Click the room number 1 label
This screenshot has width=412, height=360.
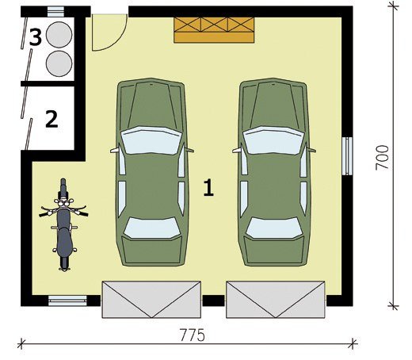click(208, 188)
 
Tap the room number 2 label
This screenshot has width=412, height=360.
click(51, 119)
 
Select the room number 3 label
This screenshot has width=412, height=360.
click(36, 37)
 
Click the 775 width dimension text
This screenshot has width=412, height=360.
click(193, 335)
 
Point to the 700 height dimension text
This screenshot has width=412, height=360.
click(382, 158)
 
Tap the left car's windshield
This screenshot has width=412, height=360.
click(151, 140)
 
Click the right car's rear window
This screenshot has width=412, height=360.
click(274, 228)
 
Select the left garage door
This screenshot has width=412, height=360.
click(151, 299)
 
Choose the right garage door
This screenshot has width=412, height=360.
click(276, 299)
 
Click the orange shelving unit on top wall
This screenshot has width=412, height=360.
click(214, 30)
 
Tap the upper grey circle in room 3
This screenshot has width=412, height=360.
click(59, 35)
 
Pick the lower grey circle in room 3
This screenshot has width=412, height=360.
click(59, 63)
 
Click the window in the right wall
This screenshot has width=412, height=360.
click(347, 156)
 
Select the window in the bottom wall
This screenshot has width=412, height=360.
click(67, 301)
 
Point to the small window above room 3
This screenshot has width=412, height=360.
click(55, 12)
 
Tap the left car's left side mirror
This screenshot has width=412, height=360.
click(114, 151)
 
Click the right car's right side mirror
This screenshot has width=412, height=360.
click(311, 151)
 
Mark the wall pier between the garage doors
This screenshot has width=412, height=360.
click(213, 301)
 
